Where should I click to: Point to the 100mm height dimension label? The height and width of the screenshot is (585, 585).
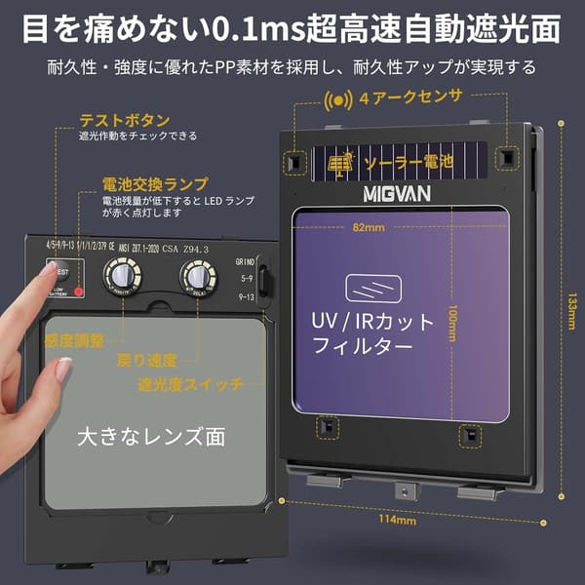point(453,317)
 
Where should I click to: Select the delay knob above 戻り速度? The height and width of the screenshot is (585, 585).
point(198,279)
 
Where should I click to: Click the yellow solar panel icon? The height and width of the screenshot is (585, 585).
point(340,163)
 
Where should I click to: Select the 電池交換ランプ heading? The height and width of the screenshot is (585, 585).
point(155,184)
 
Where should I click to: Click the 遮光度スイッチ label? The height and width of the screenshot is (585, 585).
point(190,384)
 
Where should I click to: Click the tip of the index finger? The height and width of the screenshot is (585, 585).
point(49,276)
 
